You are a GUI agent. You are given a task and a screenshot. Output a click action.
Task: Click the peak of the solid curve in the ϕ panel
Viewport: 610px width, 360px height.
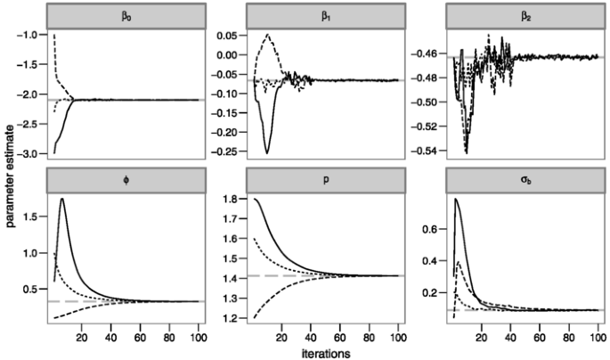click(61, 199)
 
